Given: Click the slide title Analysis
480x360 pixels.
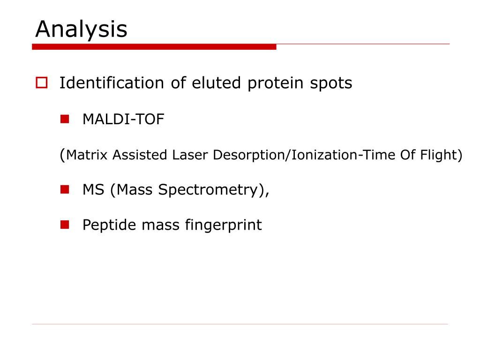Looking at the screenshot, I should (x=81, y=30).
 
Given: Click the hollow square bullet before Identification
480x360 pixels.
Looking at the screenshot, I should (x=41, y=83).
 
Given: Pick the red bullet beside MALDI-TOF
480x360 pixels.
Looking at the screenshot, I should (x=65, y=119).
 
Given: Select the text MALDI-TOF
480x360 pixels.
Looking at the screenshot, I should (x=123, y=120).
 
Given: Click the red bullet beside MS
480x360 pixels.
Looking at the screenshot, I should (x=65, y=190).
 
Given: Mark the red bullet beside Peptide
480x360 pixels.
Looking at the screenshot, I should (x=65, y=225).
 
